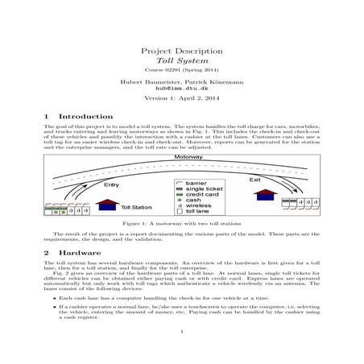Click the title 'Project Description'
tap(181, 49)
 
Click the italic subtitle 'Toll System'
tap(181, 60)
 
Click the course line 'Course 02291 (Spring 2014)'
tap(181, 71)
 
